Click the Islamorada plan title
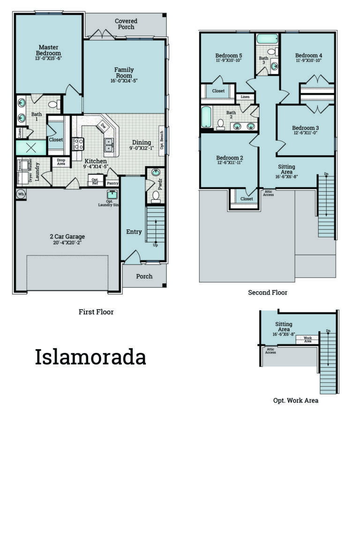pos(90,357)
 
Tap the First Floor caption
pos(96,312)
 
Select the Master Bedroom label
pos(48,50)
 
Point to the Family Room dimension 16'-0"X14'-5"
pos(124,81)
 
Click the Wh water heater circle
pos(21,193)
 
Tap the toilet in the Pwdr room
pos(156,195)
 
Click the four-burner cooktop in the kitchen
pos(78,143)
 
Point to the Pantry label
pos(112,183)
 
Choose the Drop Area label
pos(61,162)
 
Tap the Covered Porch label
pos(126,24)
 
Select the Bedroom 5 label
pos(228,54)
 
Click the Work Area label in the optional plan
pos(307,339)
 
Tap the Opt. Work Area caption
pos(296,400)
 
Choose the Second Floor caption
pos(268,292)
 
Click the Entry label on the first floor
pos(134,232)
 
